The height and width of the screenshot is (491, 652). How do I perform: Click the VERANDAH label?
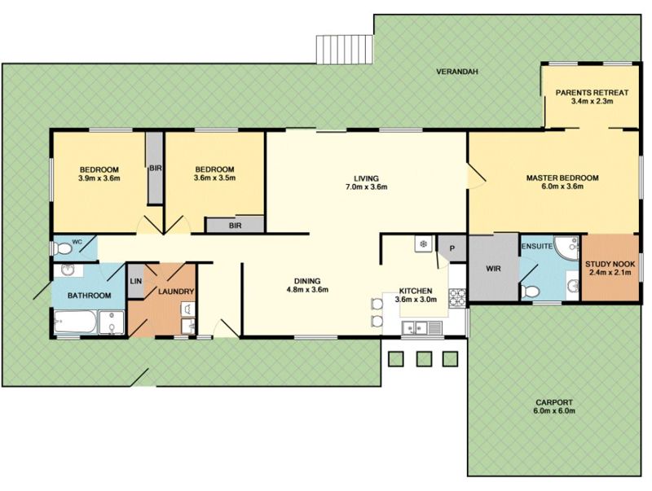(x=457, y=72)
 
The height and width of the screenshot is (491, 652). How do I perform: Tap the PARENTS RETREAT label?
(x=593, y=93)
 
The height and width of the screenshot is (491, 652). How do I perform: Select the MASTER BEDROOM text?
(x=562, y=178)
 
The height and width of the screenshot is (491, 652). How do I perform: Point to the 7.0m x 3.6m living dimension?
(x=366, y=187)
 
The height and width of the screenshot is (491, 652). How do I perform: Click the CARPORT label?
(x=554, y=402)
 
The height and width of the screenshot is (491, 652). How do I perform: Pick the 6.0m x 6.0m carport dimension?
(x=554, y=411)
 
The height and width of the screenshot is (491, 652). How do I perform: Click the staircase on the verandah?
(x=344, y=50)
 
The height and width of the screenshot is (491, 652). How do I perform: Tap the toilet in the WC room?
(x=64, y=249)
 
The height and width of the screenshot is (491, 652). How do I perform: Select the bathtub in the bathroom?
(x=75, y=322)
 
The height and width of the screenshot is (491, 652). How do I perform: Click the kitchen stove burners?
(x=457, y=297)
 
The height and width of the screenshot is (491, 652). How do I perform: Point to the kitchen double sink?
(x=416, y=328)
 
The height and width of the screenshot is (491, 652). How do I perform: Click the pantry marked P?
(x=452, y=248)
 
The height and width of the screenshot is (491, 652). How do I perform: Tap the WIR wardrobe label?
(x=494, y=269)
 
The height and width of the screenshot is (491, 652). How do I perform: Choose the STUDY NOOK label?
(x=610, y=264)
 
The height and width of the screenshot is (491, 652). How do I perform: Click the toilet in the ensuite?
(x=529, y=291)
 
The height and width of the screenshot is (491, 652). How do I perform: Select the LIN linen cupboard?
(x=136, y=281)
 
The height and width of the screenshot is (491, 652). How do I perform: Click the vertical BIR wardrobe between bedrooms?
(x=155, y=168)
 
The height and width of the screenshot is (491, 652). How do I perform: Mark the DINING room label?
(x=307, y=281)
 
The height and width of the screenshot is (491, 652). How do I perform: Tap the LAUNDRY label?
(x=176, y=292)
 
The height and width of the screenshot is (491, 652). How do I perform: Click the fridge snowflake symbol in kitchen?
(x=424, y=243)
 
